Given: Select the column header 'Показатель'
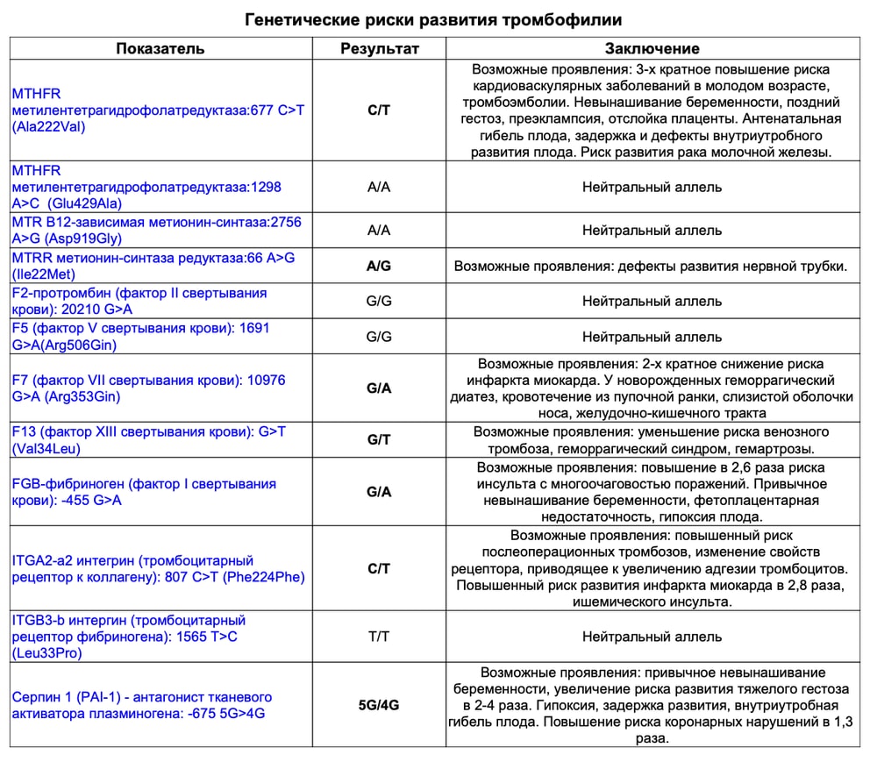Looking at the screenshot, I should [x=161, y=48].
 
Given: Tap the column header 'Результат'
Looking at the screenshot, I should [x=379, y=48].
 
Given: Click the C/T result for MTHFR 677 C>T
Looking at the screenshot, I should [x=379, y=110].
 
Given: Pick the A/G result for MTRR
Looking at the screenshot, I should [x=379, y=266].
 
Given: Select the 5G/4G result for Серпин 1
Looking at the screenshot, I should [x=379, y=705].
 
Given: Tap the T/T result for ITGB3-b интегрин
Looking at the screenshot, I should [x=379, y=637].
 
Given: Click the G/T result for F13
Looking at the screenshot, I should [x=379, y=440].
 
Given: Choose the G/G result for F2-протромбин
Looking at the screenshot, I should [x=379, y=301].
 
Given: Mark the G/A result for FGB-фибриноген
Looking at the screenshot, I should [x=379, y=492].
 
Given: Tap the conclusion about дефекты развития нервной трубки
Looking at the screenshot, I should [x=651, y=266].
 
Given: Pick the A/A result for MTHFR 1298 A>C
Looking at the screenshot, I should [x=379, y=187].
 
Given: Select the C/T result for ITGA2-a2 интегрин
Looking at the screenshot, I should [x=379, y=569].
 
